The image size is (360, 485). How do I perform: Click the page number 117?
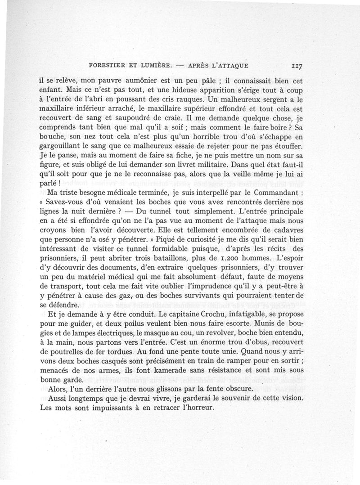(x=296, y=65)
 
